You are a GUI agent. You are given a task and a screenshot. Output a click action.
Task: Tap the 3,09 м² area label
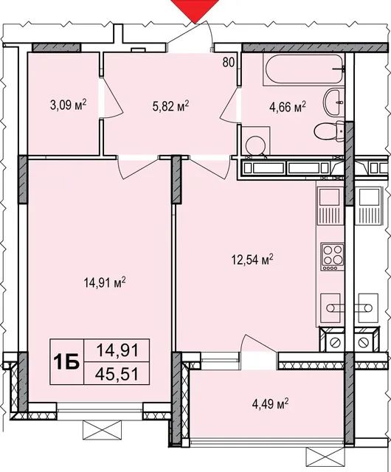pos(69,105)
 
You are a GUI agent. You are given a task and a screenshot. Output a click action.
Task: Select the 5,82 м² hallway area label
pos(170,105)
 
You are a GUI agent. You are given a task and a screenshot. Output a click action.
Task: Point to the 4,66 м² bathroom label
pos(288,106)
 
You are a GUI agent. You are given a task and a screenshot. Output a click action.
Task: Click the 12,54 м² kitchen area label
pos(252,259)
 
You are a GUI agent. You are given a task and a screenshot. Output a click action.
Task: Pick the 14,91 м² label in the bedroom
pos(105,282)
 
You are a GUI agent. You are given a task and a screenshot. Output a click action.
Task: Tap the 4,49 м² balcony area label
pos(270,404)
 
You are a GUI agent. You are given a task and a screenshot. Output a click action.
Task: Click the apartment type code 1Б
pos(66,361)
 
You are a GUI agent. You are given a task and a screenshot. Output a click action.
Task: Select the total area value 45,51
pos(117,374)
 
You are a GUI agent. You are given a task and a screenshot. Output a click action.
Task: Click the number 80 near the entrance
pos(229,62)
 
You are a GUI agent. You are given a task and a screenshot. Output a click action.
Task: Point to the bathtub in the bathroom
pos(304,69)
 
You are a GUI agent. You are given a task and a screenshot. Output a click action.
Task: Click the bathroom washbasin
pos(333,102)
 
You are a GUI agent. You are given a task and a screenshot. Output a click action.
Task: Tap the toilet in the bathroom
pos(329,131)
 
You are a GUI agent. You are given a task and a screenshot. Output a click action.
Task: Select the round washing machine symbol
pos(255,145)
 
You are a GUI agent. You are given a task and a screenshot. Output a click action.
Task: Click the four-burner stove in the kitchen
pos(332,257)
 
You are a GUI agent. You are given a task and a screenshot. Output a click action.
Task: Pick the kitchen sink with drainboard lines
pos(331,206)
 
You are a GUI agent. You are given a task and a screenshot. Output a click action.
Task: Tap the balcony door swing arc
pos(258,343)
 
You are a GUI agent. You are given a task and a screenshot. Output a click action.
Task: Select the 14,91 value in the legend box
pos(117,350)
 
